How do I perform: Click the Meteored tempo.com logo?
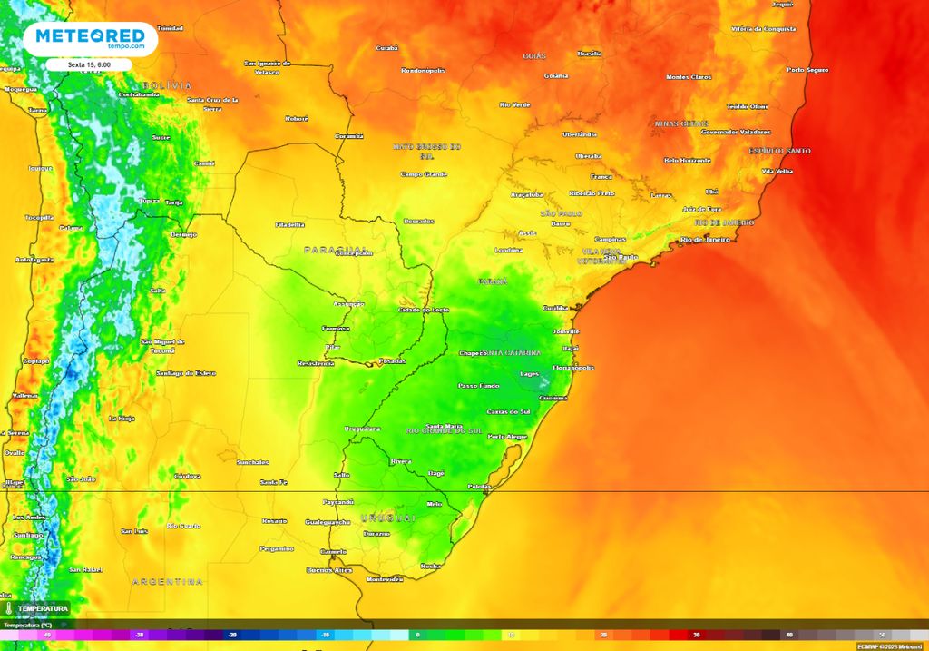pos(89,38)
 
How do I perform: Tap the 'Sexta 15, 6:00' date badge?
pos(89,65)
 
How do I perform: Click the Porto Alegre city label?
pos(507,437)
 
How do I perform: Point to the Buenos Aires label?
pos(329,570)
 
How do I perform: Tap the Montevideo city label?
pos(384,579)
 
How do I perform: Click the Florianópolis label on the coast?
pos(573,368)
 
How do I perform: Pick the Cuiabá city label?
pos(387,47)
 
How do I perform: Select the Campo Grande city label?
pos(425,173)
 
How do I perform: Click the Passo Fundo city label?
pos(479,386)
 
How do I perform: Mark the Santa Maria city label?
pos(445,426)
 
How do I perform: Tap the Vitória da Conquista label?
pos(764,29)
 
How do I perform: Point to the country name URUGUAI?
pos(388,518)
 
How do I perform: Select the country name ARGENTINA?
pos(168,581)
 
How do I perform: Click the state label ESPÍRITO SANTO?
pos(779,151)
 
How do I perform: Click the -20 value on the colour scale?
pos(232,636)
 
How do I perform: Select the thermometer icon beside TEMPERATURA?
pos(7,608)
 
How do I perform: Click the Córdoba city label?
pos(188,476)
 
